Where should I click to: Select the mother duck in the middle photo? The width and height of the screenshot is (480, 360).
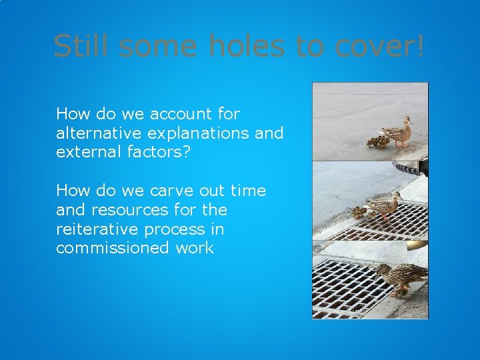[x=385, y=205]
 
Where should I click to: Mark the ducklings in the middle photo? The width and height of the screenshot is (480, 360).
[x=361, y=212]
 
